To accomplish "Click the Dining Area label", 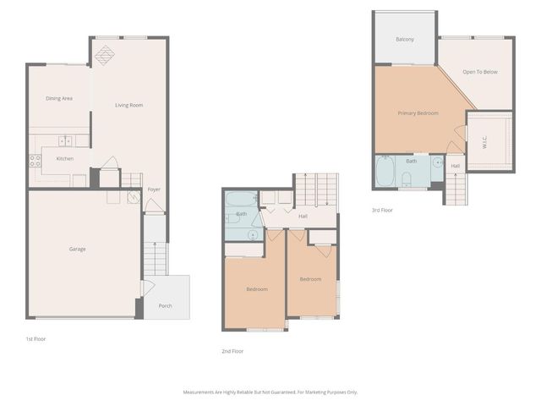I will pyautogui.click(x=59, y=98).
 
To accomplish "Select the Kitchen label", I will pyautogui.click(x=64, y=158).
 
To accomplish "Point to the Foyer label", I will pyautogui.click(x=154, y=189).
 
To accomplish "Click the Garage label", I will pyautogui.click(x=78, y=249).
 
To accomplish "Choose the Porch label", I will pyautogui.click(x=165, y=305).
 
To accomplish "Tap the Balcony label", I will pyautogui.click(x=404, y=40).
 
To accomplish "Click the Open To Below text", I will pyautogui.click(x=480, y=72).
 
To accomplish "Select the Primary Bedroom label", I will pyautogui.click(x=418, y=112).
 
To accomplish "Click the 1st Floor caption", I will pyautogui.click(x=36, y=338).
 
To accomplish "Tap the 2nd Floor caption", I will pyautogui.click(x=232, y=350).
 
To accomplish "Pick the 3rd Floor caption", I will pyautogui.click(x=382, y=210).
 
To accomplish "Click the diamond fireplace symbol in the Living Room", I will pyautogui.click(x=106, y=54).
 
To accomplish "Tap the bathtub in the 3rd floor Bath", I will pyautogui.click(x=385, y=173).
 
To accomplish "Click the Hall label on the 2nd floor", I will pyautogui.click(x=303, y=217).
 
